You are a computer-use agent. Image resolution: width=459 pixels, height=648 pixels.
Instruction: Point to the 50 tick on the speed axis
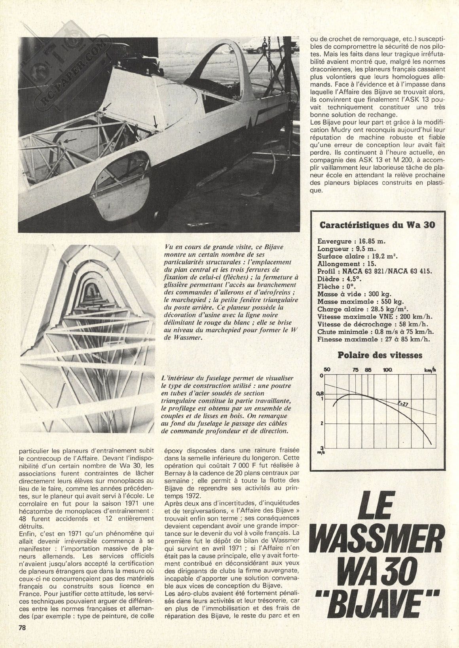click(327, 369)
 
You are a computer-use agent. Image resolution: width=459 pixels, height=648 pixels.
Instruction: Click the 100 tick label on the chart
click(387, 369)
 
